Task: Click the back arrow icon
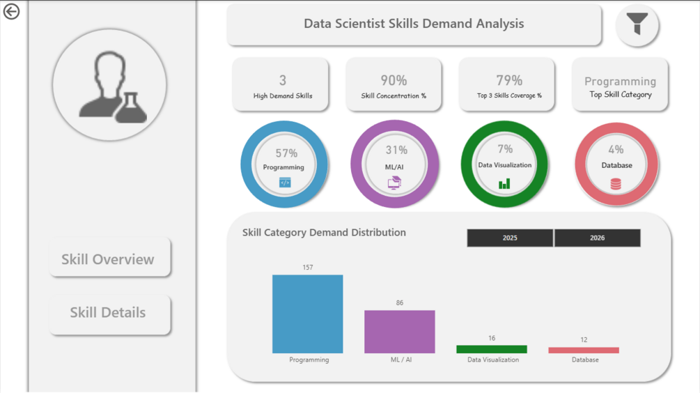click(x=11, y=12)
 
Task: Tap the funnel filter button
click(x=637, y=24)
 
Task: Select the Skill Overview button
click(x=109, y=259)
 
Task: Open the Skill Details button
click(x=109, y=313)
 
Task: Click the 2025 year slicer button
click(x=510, y=238)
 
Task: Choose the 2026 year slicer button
click(x=597, y=238)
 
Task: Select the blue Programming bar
click(x=307, y=314)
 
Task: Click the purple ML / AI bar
click(x=399, y=332)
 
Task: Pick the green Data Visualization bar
click(x=491, y=349)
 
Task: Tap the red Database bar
click(x=583, y=350)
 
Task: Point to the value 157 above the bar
click(x=307, y=268)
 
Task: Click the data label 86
click(x=399, y=303)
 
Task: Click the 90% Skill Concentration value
click(x=394, y=81)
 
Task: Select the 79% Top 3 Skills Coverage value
click(x=509, y=81)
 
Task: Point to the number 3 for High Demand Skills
click(x=282, y=81)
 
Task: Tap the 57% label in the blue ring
click(x=286, y=153)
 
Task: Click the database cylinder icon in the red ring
click(x=616, y=184)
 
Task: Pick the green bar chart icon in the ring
click(x=504, y=183)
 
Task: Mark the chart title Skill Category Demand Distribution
click(x=324, y=233)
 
